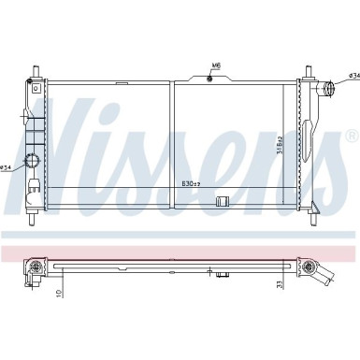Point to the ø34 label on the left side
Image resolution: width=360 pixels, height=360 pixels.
(x=8, y=168)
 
